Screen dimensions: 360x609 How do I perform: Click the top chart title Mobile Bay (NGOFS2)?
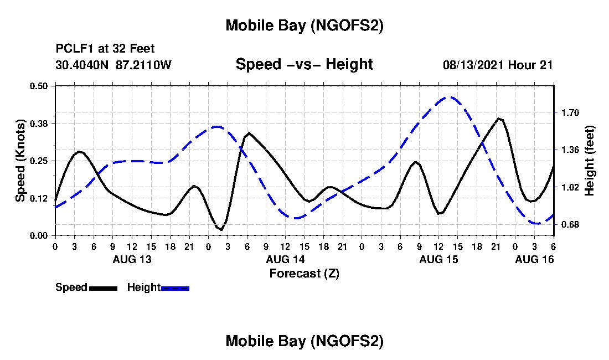pyautogui.click(x=304, y=25)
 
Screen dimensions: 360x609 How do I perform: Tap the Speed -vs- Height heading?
pyautogui.click(x=304, y=64)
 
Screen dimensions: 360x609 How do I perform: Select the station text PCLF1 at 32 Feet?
pyautogui.click(x=105, y=49)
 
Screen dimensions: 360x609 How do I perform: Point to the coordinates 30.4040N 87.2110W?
pyautogui.click(x=113, y=65)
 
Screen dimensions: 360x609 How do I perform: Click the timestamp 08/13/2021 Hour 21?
pyautogui.click(x=498, y=65)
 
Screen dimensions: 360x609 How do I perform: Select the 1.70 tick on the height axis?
pyautogui.click(x=570, y=112)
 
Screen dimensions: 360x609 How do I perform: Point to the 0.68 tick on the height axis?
pyautogui.click(x=570, y=224)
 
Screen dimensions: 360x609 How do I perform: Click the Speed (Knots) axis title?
pyautogui.click(x=20, y=161)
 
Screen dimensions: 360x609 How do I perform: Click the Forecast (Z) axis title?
pyautogui.click(x=304, y=273)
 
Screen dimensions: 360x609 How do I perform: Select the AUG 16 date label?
pyautogui.click(x=534, y=259)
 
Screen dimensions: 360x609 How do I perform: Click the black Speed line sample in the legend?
pyautogui.click(x=103, y=288)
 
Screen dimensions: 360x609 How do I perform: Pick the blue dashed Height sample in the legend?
pyautogui.click(x=175, y=288)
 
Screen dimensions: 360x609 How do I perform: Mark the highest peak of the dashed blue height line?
pyautogui.click(x=450, y=97)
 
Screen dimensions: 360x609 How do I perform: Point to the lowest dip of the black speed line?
pyautogui.click(x=221, y=229)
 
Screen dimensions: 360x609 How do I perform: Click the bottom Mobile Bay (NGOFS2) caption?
pyautogui.click(x=304, y=341)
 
